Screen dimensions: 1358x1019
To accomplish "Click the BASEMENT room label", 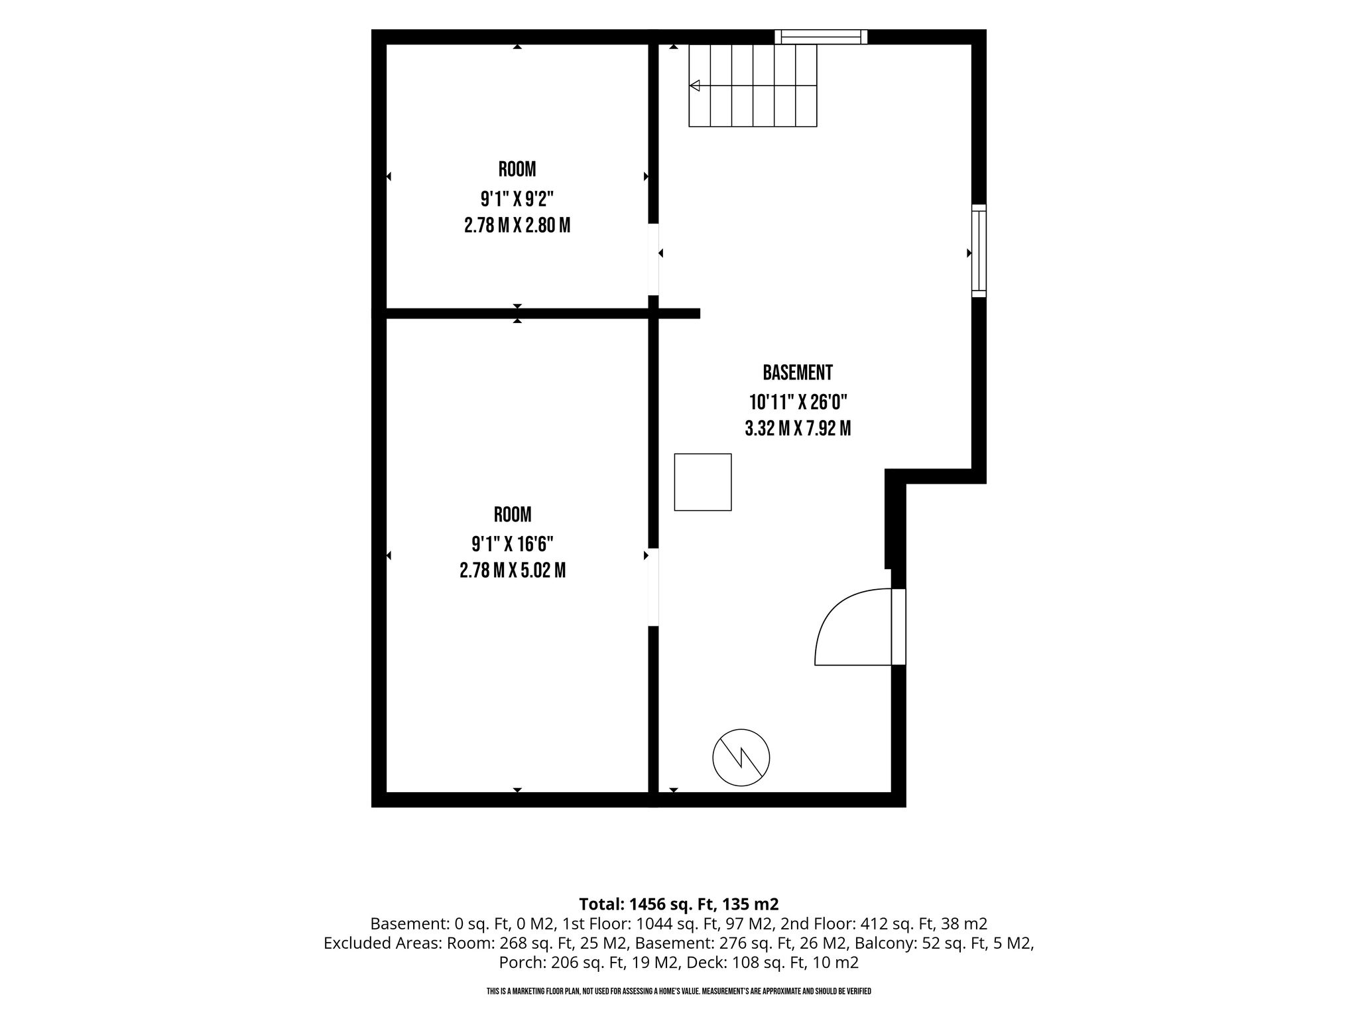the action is pos(798,373).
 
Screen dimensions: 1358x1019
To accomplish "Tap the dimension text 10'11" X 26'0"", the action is pos(798,402).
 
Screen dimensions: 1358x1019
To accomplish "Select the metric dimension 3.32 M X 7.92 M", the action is pos(798,429).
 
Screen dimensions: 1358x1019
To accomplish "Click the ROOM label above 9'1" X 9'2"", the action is pos(517,169).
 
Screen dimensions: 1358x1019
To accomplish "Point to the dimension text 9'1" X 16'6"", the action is pos(513,544).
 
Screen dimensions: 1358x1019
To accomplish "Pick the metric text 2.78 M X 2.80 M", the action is pos(517,226).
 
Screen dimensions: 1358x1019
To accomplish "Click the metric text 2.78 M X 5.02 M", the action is pos(513,571).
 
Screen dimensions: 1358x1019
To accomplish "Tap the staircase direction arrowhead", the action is pos(695,86).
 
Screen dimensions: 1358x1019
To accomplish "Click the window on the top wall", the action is pos(822,36).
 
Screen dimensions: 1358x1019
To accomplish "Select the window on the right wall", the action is pos(979,251).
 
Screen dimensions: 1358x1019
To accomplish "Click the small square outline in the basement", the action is pos(703,482).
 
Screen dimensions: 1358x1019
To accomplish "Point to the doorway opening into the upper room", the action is pos(654,259).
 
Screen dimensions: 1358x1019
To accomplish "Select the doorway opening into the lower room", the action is pos(654,587).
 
